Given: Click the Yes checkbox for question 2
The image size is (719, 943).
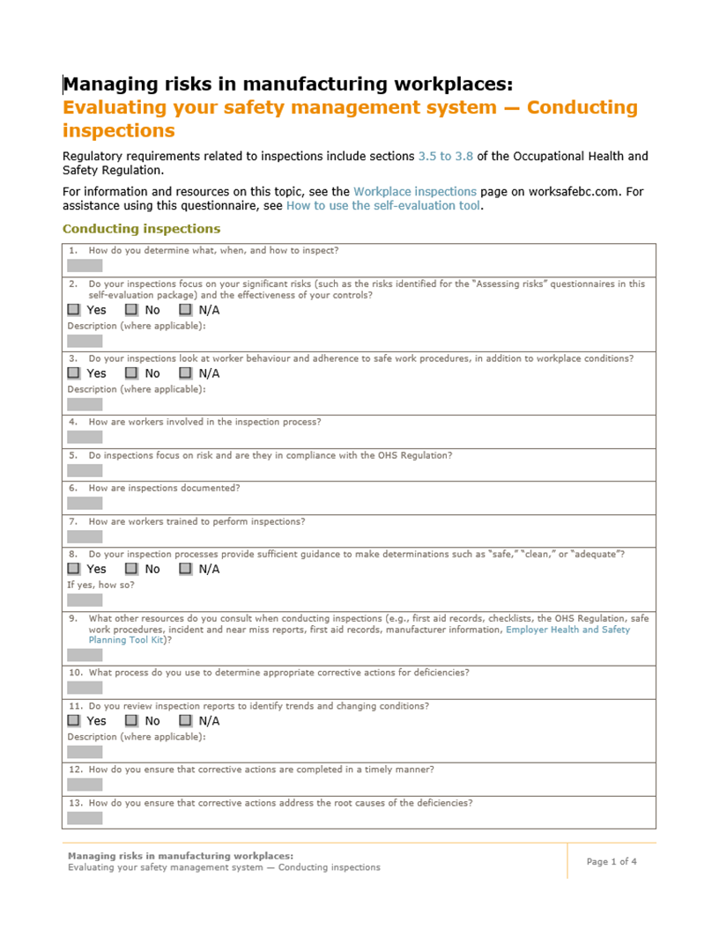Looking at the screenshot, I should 74,310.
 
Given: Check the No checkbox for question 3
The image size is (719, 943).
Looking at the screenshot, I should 131,373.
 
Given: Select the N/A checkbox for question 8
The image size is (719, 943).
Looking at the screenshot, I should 185,569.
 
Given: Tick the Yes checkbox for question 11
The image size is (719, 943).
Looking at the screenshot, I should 74,720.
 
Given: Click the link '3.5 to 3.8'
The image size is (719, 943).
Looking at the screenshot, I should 445,156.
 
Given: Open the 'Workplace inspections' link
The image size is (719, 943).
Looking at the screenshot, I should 415,191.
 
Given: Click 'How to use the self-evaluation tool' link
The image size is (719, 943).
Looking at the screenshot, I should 383,206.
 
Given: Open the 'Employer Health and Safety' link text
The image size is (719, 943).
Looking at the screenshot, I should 567,630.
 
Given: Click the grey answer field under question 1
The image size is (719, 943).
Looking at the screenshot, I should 85,265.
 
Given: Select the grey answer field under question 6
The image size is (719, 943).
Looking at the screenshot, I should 85,503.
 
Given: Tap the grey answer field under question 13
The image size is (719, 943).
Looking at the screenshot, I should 85,818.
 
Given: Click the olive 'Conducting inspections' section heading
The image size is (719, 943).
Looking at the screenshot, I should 141,229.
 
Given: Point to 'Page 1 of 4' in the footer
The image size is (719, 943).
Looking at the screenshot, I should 612,861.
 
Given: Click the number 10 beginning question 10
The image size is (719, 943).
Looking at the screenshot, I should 75,673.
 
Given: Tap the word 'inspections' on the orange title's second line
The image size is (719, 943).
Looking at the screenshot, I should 118,131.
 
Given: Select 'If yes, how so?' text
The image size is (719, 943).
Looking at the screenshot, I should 95,585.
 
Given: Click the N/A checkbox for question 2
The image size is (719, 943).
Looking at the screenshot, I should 185,310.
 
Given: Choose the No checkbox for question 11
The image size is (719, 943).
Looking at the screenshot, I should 131,720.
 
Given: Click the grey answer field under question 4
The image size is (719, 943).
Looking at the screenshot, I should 85,437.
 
